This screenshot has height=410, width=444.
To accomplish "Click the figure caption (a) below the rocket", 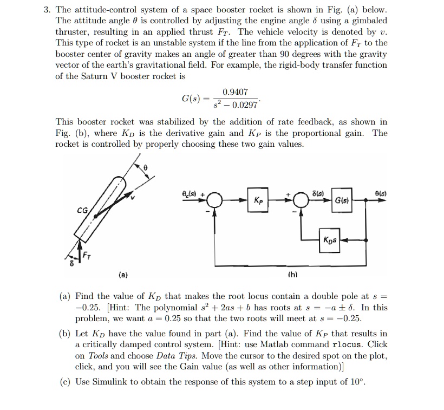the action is (123, 276).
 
